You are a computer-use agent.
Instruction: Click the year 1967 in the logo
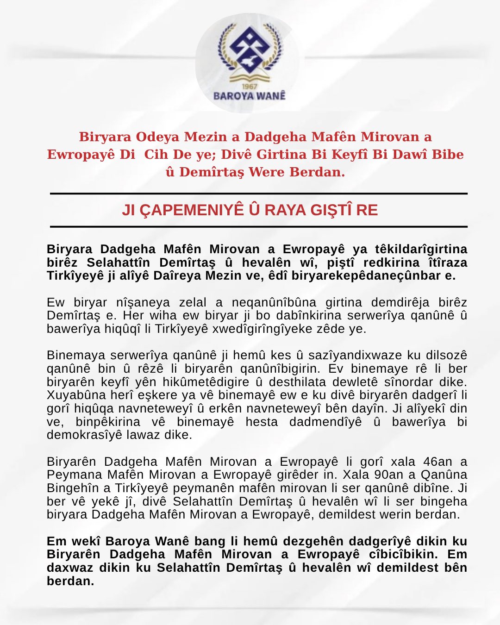click(x=250, y=86)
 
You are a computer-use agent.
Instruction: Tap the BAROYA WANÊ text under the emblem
click(x=250, y=96)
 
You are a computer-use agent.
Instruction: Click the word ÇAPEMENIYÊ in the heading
click(x=191, y=210)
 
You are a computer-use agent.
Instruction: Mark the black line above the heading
click(x=258, y=193)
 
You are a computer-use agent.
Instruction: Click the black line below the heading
click(x=258, y=227)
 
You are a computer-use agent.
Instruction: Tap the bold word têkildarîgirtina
click(x=419, y=249)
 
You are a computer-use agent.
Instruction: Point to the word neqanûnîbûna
click(x=274, y=302)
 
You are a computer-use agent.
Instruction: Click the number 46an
click(x=437, y=462)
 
